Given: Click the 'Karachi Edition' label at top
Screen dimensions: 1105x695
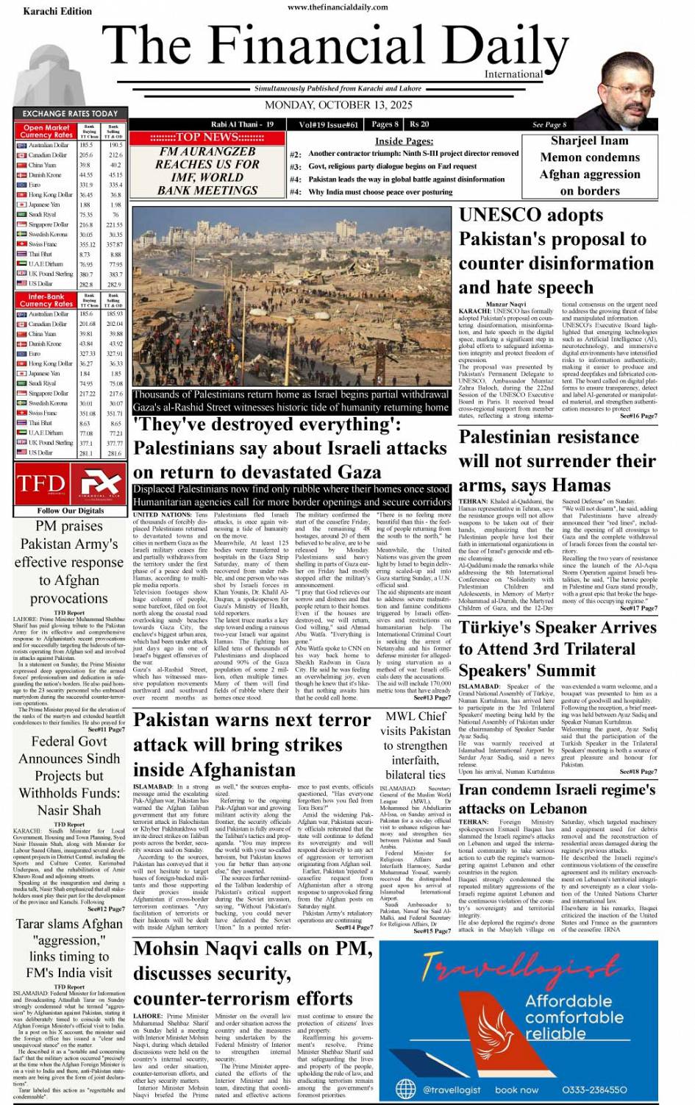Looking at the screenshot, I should point(57,12).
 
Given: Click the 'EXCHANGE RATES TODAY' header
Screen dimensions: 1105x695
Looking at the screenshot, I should point(70,113).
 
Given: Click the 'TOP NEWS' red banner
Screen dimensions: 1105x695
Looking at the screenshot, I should point(207,137).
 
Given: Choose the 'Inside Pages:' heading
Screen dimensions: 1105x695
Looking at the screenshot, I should point(404,141).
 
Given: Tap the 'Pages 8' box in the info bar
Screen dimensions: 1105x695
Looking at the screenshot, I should point(385,124).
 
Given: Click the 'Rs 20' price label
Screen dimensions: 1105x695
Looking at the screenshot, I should point(419,124).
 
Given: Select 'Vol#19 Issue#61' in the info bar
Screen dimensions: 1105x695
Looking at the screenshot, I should point(329,124).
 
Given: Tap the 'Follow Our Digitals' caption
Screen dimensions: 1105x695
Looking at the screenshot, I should point(71,510).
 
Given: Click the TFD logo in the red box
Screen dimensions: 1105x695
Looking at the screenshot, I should point(40,484).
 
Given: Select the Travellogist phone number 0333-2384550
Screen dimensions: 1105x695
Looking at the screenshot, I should point(594,1090).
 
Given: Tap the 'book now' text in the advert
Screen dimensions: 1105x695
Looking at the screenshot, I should point(516,1090).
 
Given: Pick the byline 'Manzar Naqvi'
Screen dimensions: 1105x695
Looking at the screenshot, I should point(505,305).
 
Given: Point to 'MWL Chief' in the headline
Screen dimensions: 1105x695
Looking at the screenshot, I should point(416,716).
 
